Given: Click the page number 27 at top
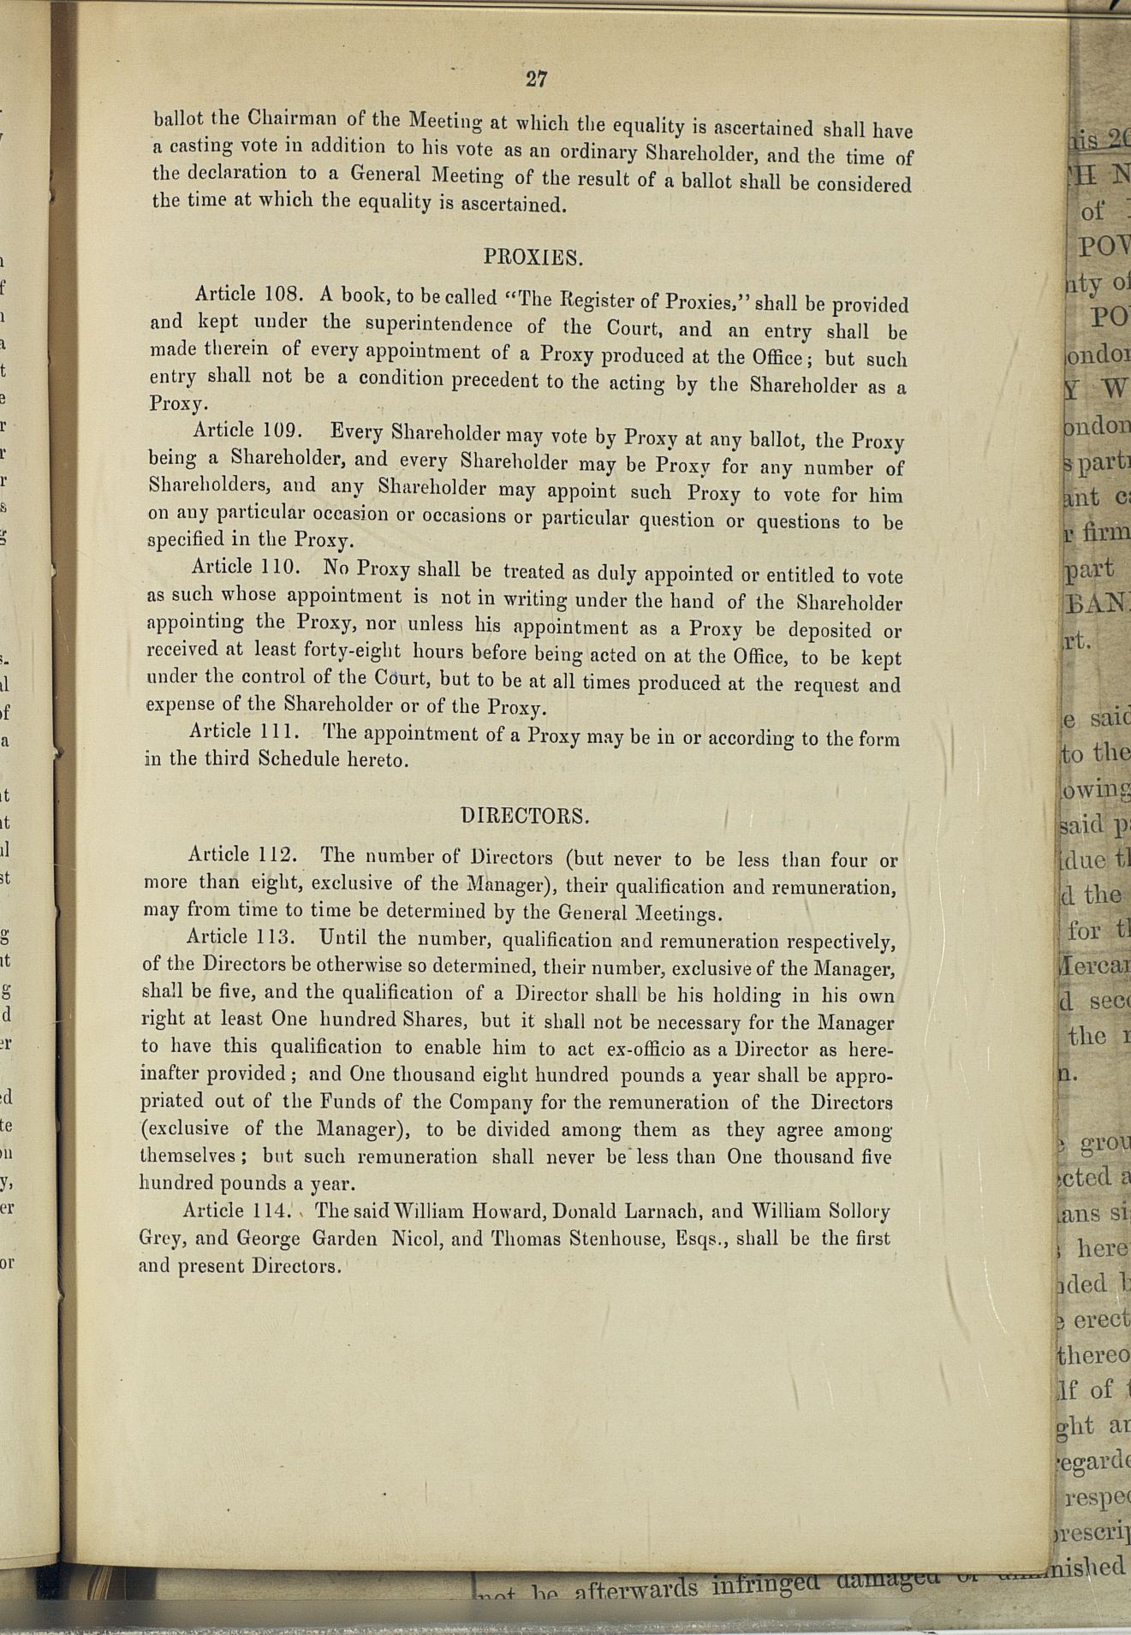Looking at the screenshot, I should coord(537,80).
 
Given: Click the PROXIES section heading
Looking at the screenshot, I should coord(533,256).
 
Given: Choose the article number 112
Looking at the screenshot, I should coord(277,854).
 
